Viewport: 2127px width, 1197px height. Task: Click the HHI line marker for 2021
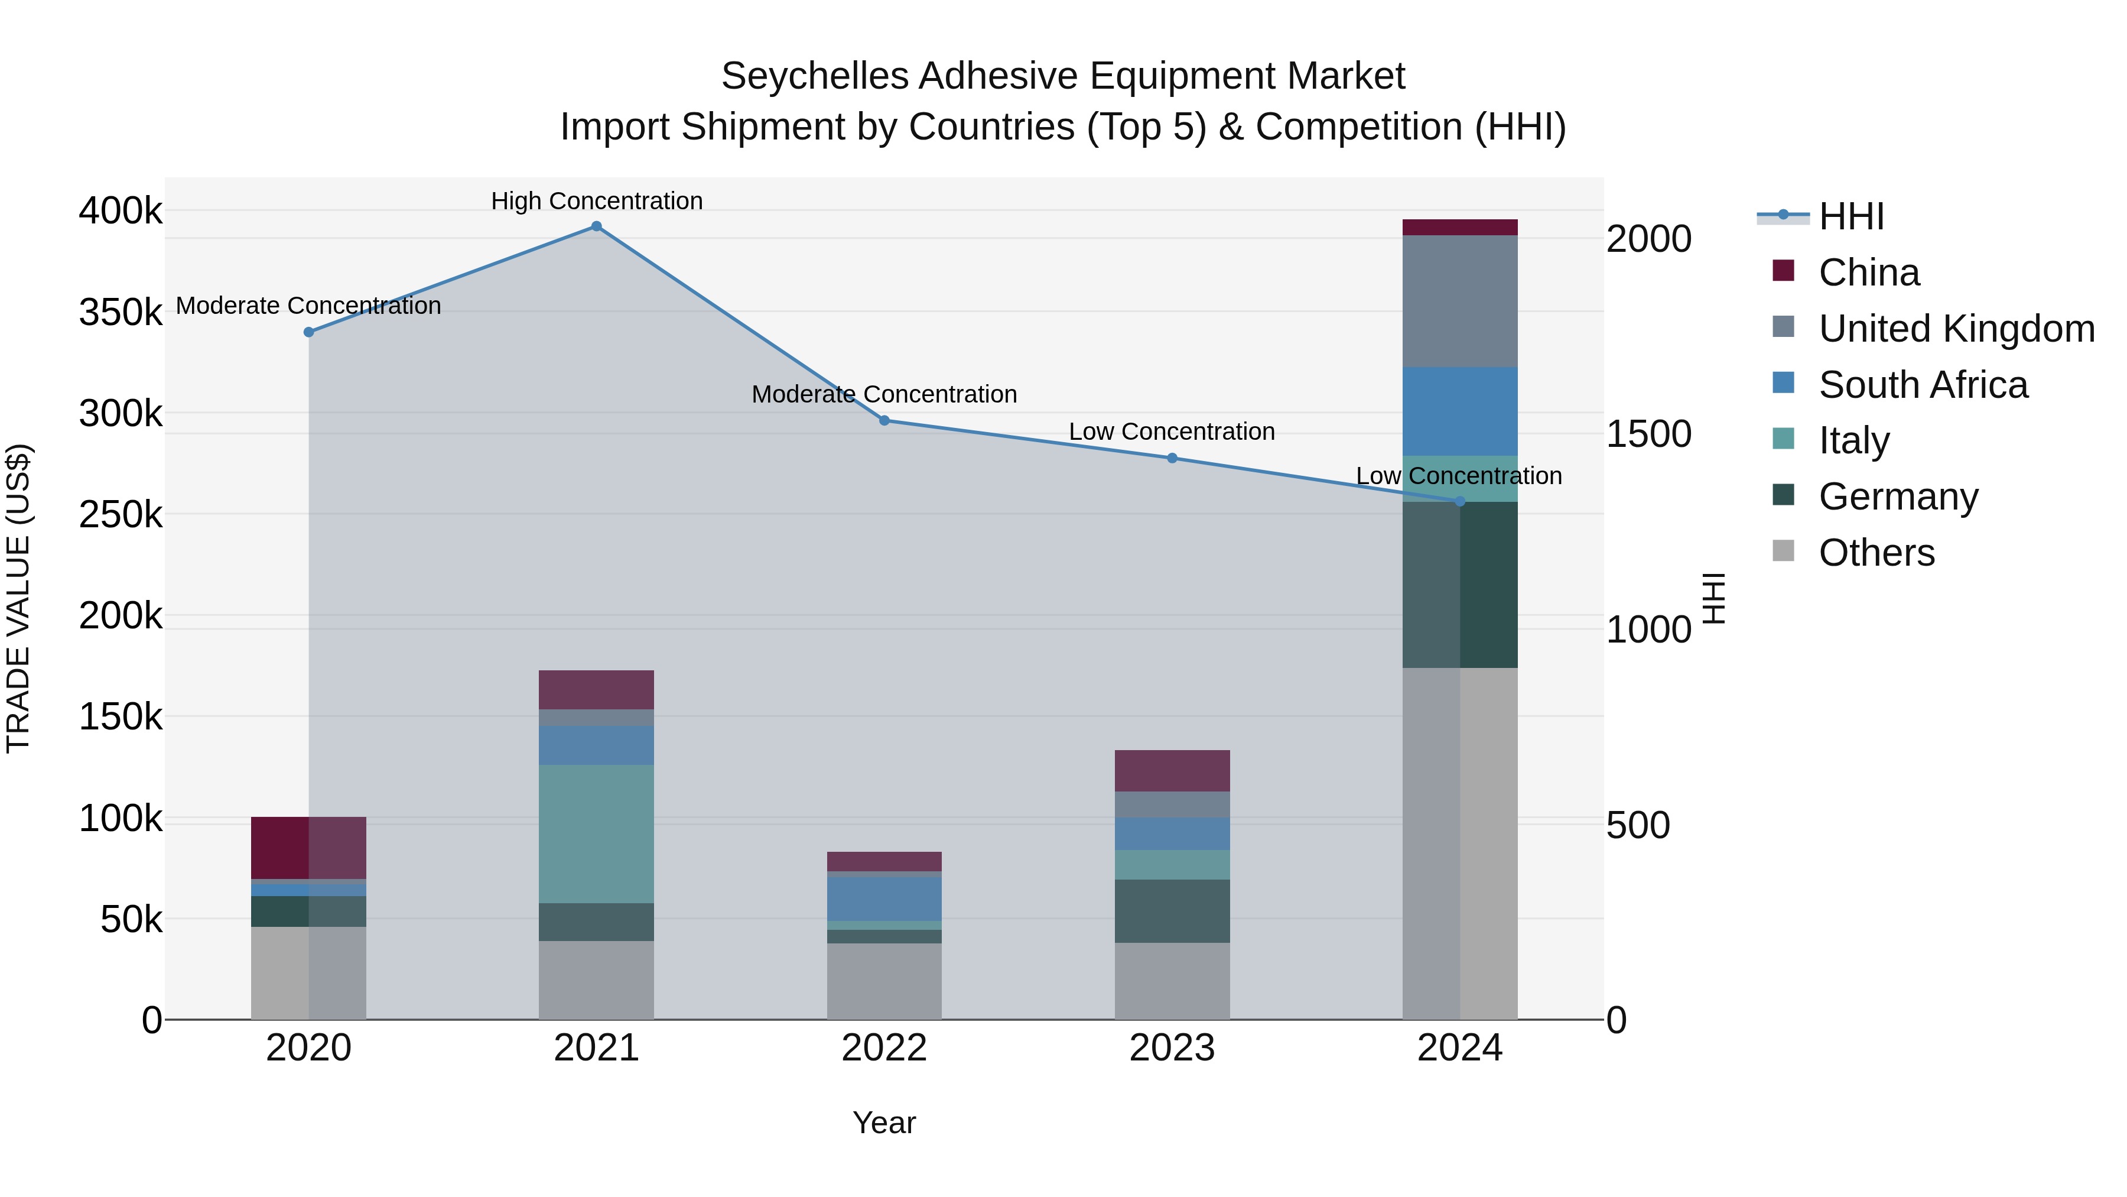pyautogui.click(x=596, y=226)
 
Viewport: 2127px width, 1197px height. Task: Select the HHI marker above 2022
pyautogui.click(x=884, y=420)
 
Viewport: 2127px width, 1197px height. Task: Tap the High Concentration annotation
pyautogui.click(x=596, y=201)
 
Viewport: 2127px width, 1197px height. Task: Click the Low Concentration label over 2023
pyautogui.click(x=1172, y=432)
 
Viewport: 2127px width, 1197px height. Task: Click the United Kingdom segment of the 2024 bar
pyautogui.click(x=1460, y=301)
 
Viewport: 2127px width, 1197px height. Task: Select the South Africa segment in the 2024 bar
pyautogui.click(x=1460, y=411)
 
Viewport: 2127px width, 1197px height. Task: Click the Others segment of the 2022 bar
pyautogui.click(x=884, y=981)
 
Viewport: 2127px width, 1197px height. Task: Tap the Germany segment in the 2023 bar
pyautogui.click(x=1172, y=910)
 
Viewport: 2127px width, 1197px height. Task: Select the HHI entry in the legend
pyautogui.click(x=1850, y=216)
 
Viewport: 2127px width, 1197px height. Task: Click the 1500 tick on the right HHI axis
pyautogui.click(x=1648, y=434)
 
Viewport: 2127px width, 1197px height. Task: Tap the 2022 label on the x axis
pyautogui.click(x=884, y=1048)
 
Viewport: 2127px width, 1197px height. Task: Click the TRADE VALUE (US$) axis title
pyautogui.click(x=18, y=598)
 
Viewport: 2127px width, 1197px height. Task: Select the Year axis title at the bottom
pyautogui.click(x=884, y=1123)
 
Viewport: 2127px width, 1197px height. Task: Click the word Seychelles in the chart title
pyautogui.click(x=814, y=76)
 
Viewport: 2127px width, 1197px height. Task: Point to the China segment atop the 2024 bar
pyautogui.click(x=1460, y=227)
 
